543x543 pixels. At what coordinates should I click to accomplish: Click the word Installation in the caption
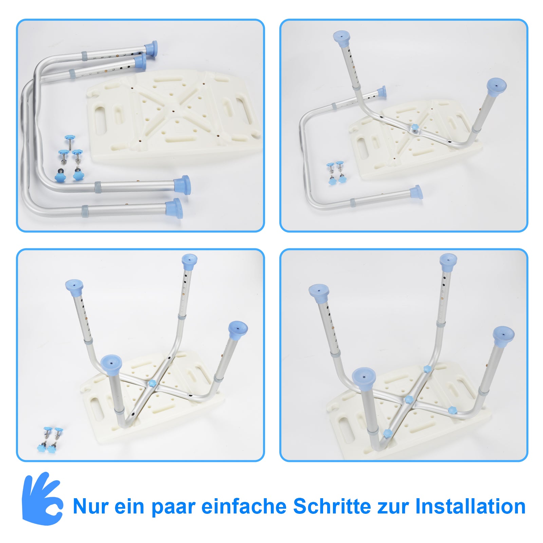pyautogui.click(x=470, y=507)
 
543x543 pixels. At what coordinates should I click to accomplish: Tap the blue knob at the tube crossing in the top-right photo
pyautogui.click(x=414, y=128)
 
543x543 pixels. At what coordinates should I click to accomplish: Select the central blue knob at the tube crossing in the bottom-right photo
pyautogui.click(x=408, y=399)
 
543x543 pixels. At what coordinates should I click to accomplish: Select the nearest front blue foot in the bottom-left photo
pyautogui.click(x=111, y=365)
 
